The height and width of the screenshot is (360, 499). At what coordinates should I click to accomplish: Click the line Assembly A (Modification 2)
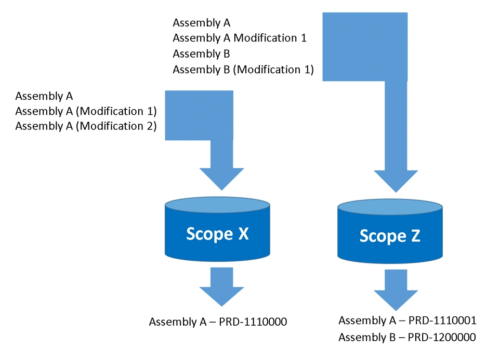86,126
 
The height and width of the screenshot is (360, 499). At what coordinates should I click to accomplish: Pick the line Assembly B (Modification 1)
243,69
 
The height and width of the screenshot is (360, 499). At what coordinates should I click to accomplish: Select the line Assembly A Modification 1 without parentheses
239,38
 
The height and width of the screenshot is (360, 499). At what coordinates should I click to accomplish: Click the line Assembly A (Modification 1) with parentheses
86,111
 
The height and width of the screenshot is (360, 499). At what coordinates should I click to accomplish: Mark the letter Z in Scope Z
413,236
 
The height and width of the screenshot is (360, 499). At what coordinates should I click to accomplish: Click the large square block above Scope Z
364,47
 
